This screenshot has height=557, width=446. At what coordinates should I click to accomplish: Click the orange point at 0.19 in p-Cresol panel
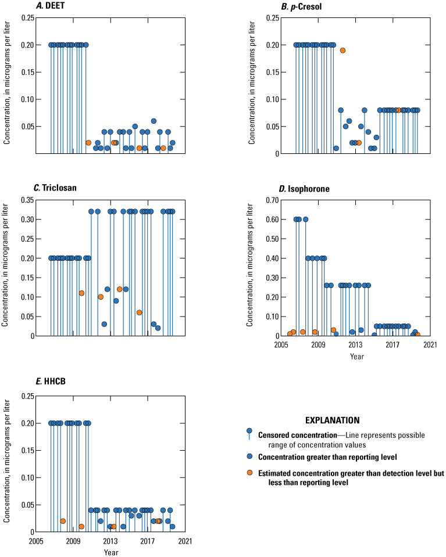pyautogui.click(x=342, y=51)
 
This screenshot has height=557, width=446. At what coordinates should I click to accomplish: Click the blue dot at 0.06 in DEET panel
pyautogui.click(x=154, y=121)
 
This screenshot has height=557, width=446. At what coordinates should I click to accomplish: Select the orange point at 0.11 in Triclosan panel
pyautogui.click(x=81, y=293)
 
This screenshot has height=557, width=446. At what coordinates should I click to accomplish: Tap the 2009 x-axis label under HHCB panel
pyautogui.click(x=73, y=541)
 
